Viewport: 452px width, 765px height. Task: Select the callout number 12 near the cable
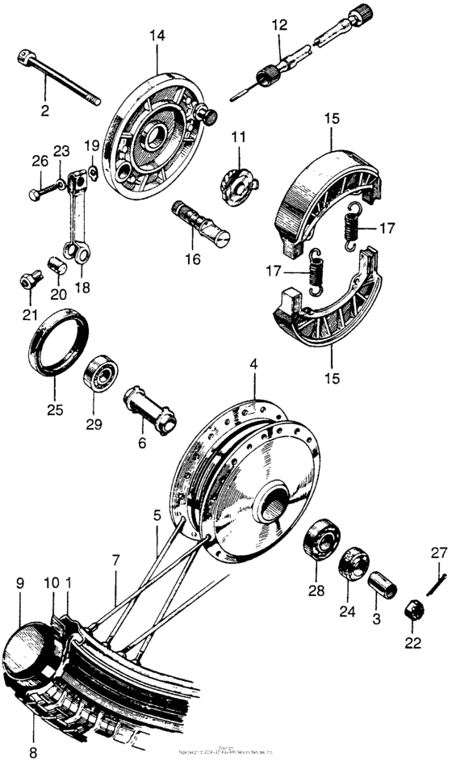coord(279,26)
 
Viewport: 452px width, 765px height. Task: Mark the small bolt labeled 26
coord(37,193)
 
